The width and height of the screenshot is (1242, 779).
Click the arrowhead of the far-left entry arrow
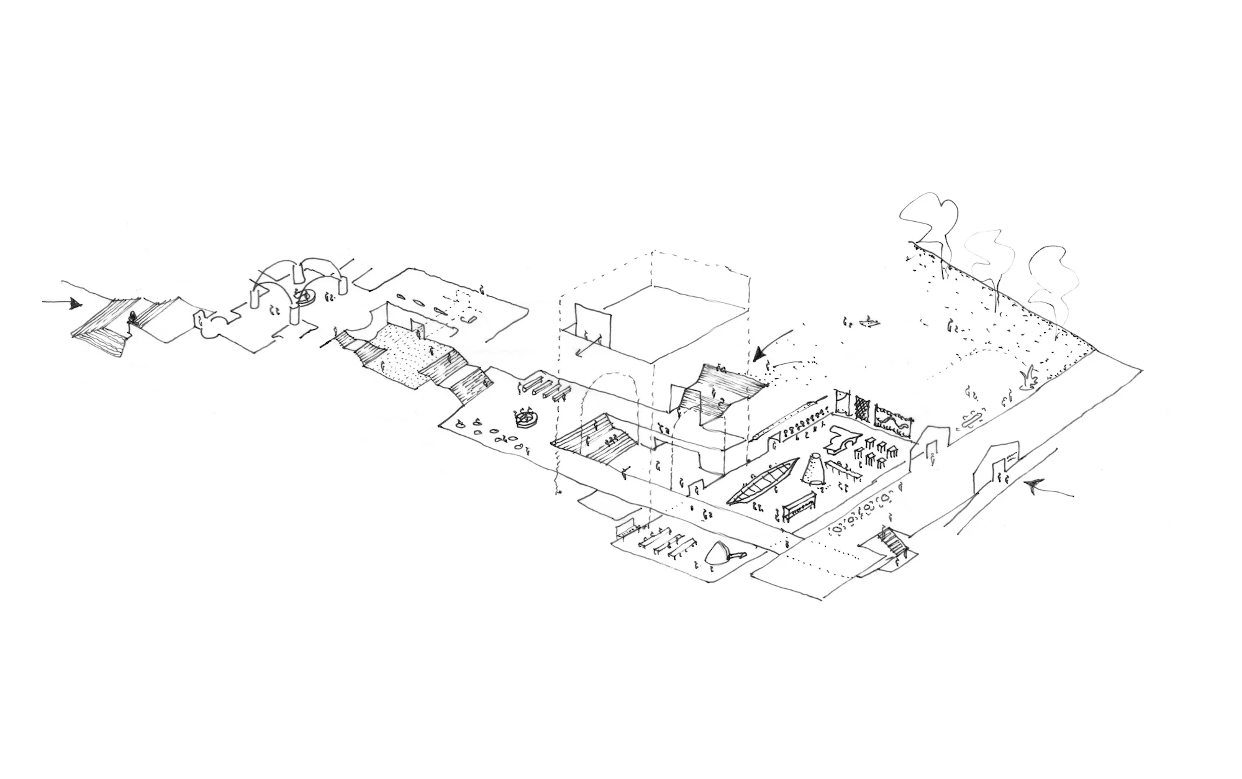click(76, 304)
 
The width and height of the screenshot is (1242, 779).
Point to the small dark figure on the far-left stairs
click(132, 319)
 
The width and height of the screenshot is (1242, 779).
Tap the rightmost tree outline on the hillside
click(1048, 273)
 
